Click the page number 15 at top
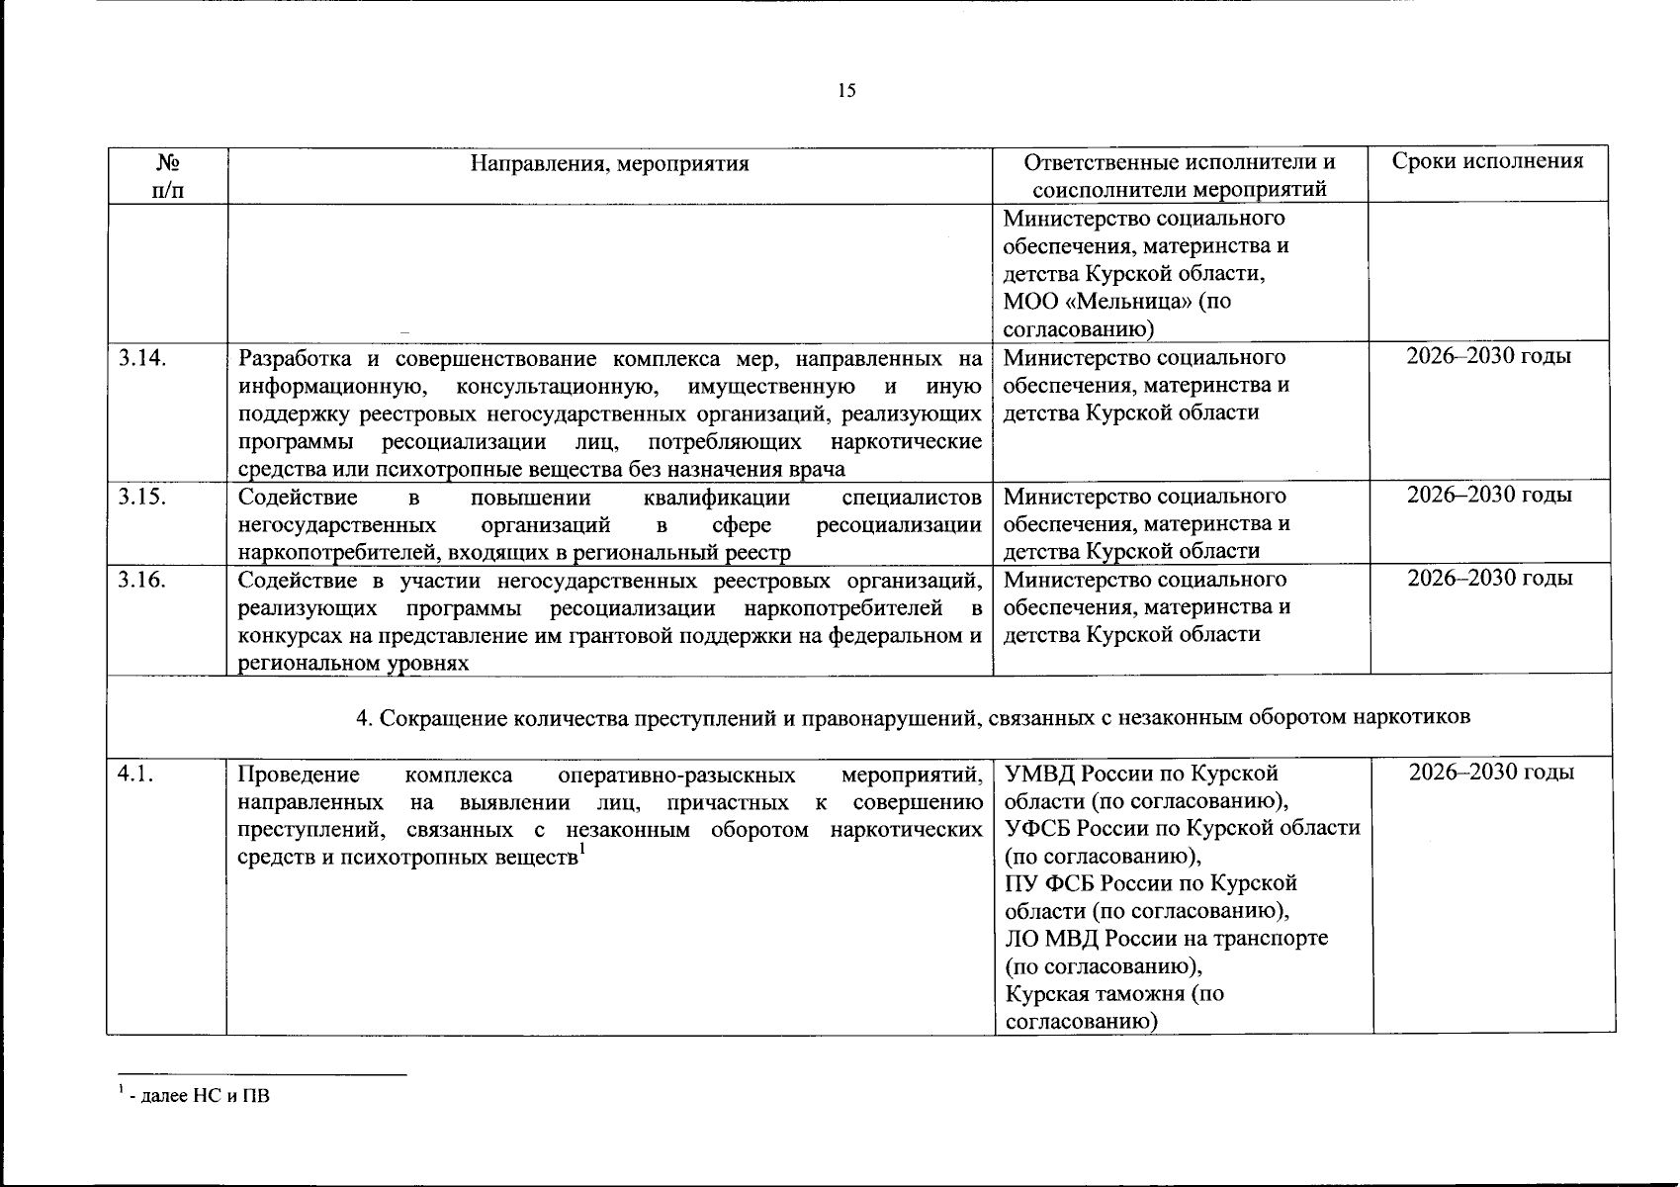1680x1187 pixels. (x=846, y=92)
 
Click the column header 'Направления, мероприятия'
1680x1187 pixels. (x=609, y=163)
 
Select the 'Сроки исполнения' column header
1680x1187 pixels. (x=1488, y=162)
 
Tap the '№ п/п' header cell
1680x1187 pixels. (x=167, y=175)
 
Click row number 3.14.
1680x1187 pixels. (x=141, y=357)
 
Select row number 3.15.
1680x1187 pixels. (x=141, y=496)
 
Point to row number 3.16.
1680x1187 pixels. (x=141, y=579)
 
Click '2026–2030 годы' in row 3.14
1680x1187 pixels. (x=1489, y=356)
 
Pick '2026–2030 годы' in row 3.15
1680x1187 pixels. (x=1489, y=495)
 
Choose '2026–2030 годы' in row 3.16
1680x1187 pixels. (x=1489, y=578)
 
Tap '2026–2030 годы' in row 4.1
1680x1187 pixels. (x=1491, y=773)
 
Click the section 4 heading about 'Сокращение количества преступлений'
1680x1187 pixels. (x=913, y=717)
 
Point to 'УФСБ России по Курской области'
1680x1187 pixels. (x=1182, y=828)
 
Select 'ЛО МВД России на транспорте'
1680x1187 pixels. (x=1166, y=938)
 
